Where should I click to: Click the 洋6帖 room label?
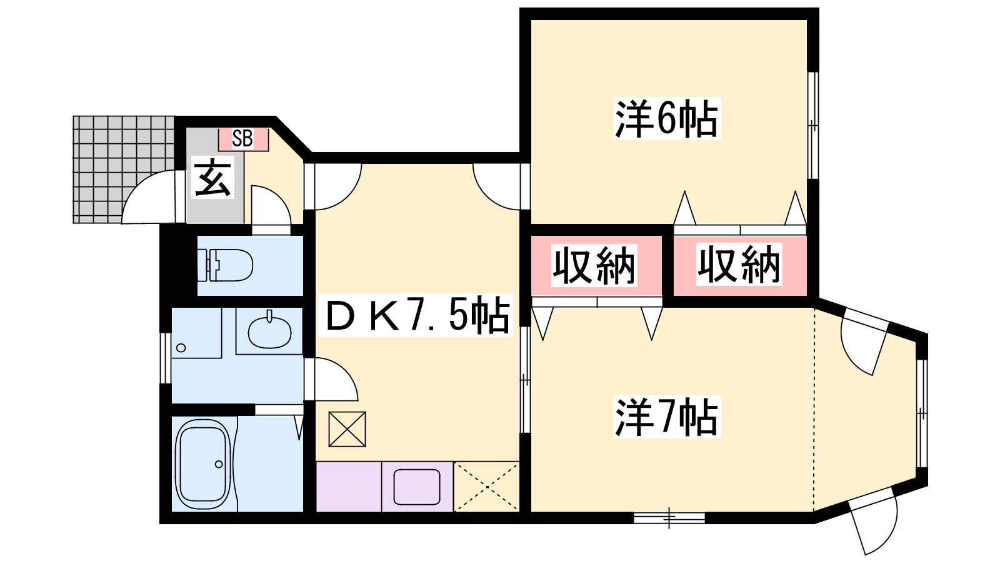point(666,119)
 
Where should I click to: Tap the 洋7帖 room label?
point(666,417)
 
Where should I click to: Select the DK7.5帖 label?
point(417,315)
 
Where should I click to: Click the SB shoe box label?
point(242,138)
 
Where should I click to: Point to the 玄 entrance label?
point(213,178)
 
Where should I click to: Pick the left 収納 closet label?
point(594,265)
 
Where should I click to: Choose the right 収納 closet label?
point(739,265)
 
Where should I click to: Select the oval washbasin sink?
point(269,332)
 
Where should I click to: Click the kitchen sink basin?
point(417,487)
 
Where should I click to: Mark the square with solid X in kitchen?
point(347,429)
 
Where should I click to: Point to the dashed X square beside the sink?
point(487,487)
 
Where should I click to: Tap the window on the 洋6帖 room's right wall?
point(813,126)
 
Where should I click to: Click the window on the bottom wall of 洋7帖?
point(669,518)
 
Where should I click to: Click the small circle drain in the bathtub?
point(219,464)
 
